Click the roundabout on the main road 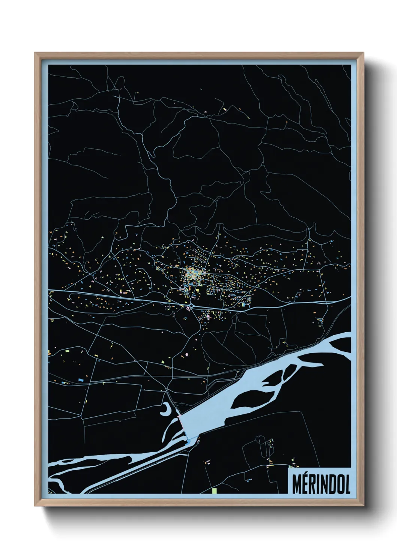pos(192,306)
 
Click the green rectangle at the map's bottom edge pos(214,490)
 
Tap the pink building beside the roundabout pos(187,308)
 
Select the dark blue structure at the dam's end pos(188,443)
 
